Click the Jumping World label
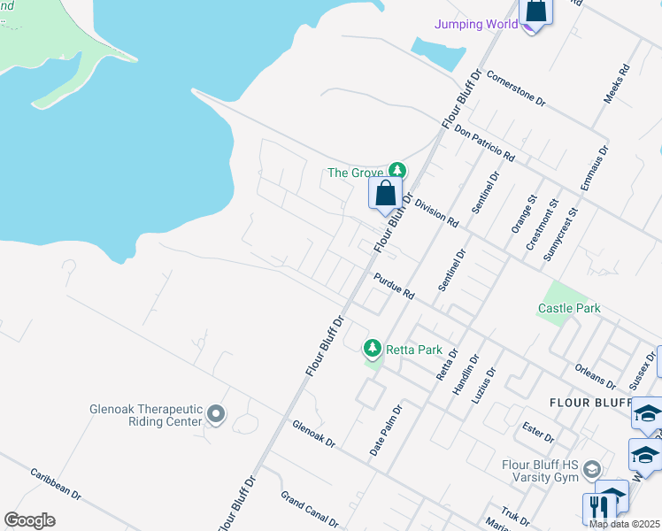[x=476, y=24]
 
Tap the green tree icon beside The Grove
[x=398, y=170]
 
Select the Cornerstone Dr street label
[x=515, y=88]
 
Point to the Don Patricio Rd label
[x=484, y=142]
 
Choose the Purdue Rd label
[x=394, y=285]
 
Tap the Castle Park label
[x=569, y=308]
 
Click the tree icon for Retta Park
[x=374, y=348]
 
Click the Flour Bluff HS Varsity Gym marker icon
[x=592, y=468]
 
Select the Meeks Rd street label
[x=617, y=83]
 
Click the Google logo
[x=29, y=520]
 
